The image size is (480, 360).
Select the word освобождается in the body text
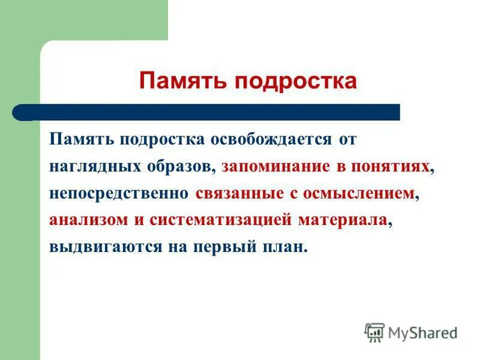click(270, 140)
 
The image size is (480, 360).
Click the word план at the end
click(283, 247)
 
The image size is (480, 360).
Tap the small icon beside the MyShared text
click(374, 332)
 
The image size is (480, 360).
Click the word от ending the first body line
click(347, 140)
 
